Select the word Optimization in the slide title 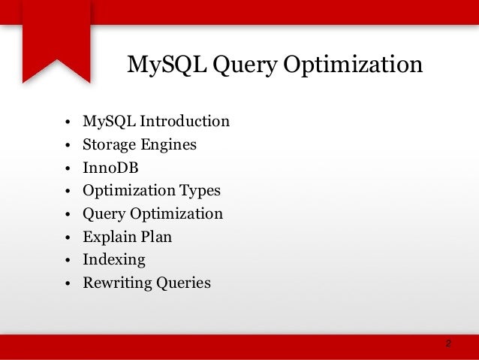[x=353, y=67]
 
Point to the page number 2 [x=448, y=343]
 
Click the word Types [x=199, y=192]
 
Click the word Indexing [x=114, y=261]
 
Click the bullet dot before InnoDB [x=68, y=169]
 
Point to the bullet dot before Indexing [x=68, y=262]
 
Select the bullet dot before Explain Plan [x=68, y=238]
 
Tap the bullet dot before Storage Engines [x=68, y=146]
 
